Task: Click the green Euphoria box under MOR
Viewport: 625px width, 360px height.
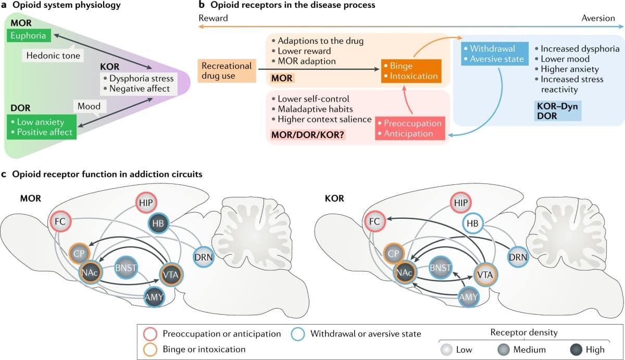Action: coord(29,36)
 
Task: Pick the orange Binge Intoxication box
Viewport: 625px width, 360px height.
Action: coord(410,71)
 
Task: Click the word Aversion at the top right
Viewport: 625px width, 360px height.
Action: coord(598,18)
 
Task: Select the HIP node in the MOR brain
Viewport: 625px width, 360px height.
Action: coord(147,203)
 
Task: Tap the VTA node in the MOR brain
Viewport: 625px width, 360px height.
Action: coord(171,274)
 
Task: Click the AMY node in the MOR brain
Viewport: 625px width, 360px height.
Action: coord(155,297)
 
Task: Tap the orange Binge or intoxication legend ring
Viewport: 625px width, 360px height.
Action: coord(149,349)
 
